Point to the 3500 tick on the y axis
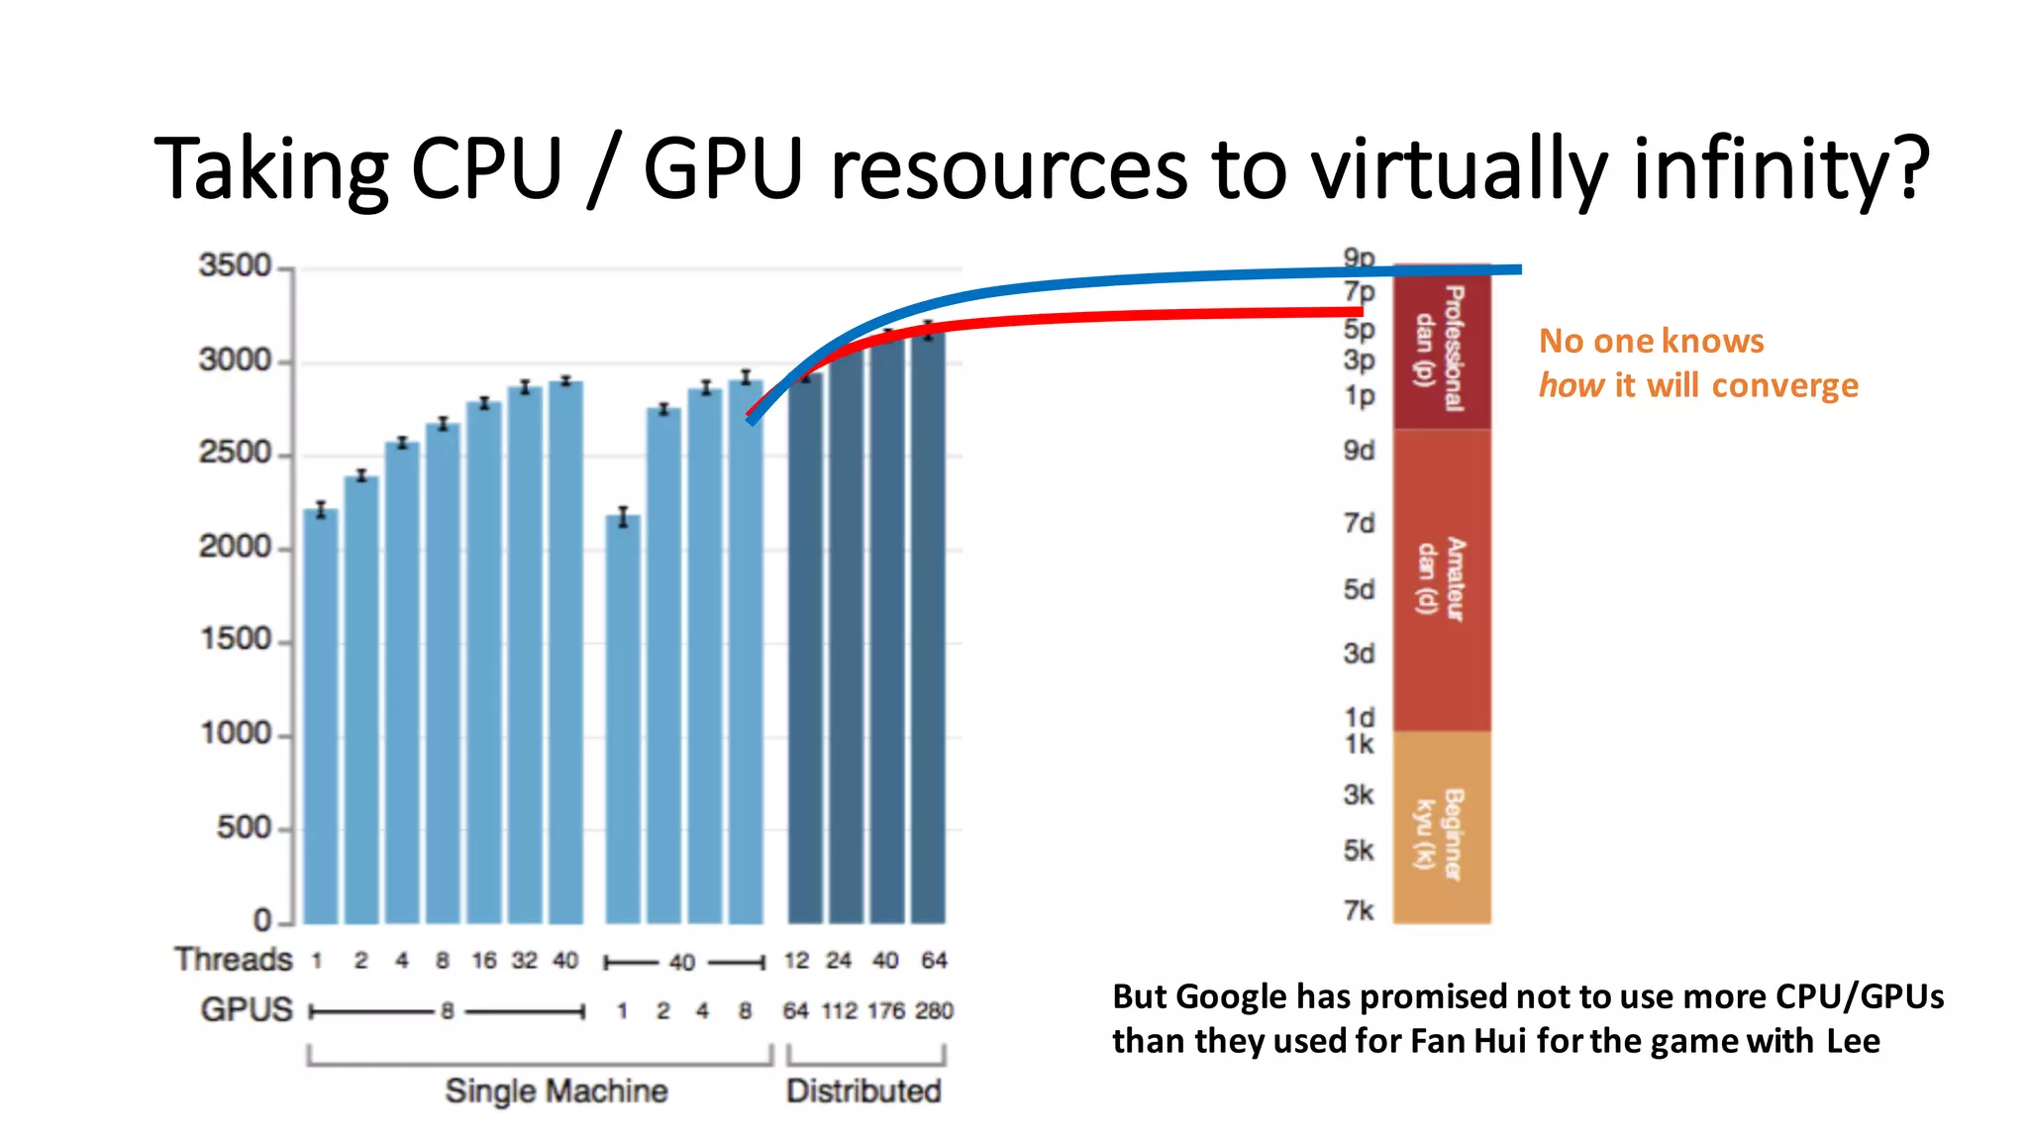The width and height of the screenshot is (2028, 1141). [x=235, y=265]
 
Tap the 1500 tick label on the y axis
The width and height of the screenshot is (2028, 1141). [x=236, y=640]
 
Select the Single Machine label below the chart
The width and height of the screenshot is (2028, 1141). [x=556, y=1090]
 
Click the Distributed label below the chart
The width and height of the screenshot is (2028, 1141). [x=863, y=1090]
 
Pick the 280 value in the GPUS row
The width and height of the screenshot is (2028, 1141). [x=934, y=1010]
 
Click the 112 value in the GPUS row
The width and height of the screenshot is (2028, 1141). [x=839, y=1010]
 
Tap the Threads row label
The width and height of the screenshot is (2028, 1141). [x=234, y=959]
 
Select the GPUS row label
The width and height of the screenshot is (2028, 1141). [x=247, y=1009]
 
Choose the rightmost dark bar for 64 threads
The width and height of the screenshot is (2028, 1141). [x=928, y=624]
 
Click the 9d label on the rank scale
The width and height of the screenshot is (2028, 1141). [x=1359, y=451]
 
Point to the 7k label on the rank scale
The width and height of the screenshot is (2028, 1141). [x=1359, y=909]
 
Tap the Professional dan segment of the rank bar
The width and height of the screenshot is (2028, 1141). [x=1442, y=347]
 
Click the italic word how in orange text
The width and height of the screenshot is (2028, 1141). [x=1571, y=384]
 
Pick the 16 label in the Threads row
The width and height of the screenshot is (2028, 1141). [x=483, y=960]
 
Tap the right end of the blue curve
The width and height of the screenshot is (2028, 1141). [x=1518, y=268]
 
